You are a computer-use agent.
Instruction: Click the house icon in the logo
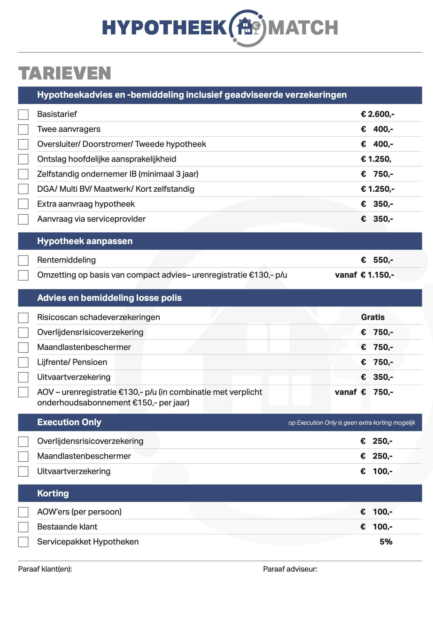245,26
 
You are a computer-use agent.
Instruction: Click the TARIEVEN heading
65,73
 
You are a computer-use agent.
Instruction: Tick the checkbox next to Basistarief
23,115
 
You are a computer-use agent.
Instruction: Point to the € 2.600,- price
377,114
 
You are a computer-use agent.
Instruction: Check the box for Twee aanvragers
23,130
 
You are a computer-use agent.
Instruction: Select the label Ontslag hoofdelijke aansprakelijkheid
107,159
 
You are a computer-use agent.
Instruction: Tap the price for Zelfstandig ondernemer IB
377,174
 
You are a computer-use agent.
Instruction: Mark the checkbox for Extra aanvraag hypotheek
23,204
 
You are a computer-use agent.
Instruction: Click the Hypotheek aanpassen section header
85,241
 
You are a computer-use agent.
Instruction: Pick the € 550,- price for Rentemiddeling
377,260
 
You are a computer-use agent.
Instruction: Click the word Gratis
373,317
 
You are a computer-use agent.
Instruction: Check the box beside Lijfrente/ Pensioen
23,363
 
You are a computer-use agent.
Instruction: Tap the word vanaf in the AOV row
345,392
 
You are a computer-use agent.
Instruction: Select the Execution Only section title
69,422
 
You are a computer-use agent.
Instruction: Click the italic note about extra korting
352,423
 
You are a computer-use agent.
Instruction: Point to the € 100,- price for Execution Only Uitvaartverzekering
376,471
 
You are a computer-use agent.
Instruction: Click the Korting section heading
53,493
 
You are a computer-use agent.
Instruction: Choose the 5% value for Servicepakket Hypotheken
386,542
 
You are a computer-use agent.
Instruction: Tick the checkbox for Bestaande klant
23,527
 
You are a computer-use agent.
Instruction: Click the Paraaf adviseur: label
290,569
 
